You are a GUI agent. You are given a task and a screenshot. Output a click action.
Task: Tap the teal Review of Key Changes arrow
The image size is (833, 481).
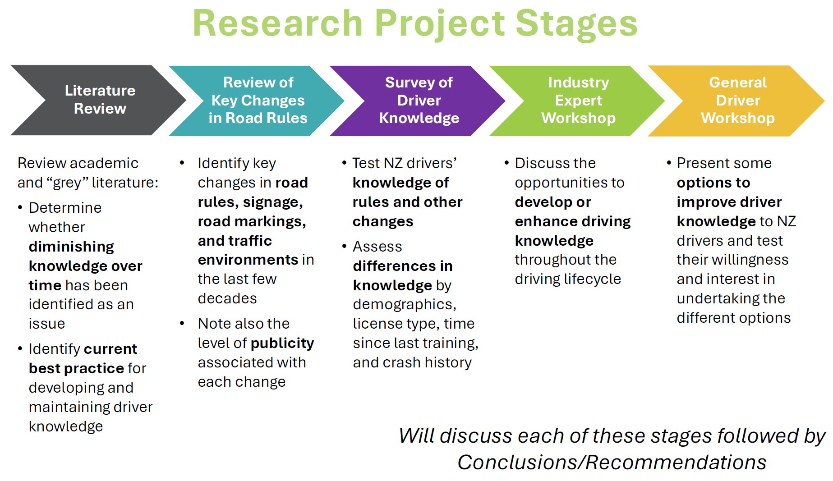coord(258,101)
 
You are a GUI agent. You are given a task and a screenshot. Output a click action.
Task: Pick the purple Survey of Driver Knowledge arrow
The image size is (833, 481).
coord(419,101)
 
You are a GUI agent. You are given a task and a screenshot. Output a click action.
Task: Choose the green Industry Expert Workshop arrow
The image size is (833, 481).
coord(578,101)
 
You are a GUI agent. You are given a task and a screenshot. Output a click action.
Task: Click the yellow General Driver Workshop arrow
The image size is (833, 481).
coord(738,101)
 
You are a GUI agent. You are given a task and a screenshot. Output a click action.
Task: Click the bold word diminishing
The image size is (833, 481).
coord(71,247)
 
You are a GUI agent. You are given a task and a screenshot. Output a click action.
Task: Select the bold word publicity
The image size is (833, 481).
coord(282,343)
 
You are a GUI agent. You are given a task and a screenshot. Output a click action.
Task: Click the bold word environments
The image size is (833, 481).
coord(248,260)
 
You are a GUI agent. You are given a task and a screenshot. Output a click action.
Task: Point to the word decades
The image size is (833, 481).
coord(227,298)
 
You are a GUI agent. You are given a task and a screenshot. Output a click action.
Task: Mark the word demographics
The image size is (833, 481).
coord(404,304)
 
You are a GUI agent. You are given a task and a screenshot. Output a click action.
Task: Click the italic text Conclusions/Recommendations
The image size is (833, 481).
coord(612,463)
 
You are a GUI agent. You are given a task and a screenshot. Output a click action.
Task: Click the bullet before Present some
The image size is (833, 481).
coord(669,163)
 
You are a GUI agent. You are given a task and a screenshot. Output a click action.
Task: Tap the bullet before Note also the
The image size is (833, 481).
coord(182,323)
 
